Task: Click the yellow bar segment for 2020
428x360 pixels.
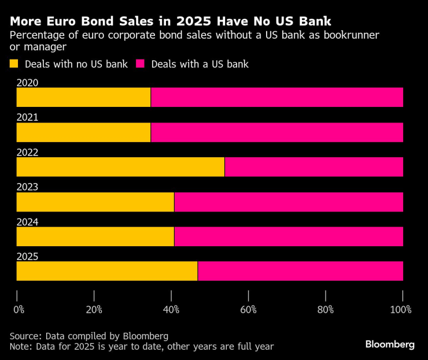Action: coord(83,98)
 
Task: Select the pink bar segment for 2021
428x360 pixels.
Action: coord(276,132)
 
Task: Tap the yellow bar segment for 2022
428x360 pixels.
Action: coord(120,167)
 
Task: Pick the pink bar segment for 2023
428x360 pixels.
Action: coord(288,202)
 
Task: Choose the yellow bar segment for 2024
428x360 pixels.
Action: coord(95,236)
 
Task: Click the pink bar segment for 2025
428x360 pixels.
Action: coord(300,271)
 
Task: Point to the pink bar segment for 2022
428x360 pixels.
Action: coord(313,167)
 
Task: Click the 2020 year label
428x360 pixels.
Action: coord(27,83)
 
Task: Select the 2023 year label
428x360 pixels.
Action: coord(27,187)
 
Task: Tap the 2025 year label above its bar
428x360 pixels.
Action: coord(27,257)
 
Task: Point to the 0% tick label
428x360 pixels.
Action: coord(19,310)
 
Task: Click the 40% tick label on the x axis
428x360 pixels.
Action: coord(171,310)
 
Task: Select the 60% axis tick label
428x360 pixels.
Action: coord(248,310)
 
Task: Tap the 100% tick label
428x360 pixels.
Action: coord(401,310)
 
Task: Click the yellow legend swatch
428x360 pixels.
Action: coord(14,64)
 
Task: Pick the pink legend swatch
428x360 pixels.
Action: coord(140,64)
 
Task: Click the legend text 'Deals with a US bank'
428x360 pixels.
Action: coord(200,64)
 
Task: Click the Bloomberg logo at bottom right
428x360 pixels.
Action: coord(390,344)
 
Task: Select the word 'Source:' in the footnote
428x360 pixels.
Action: coord(25,336)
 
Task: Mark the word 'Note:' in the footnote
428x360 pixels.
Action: coord(21,346)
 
